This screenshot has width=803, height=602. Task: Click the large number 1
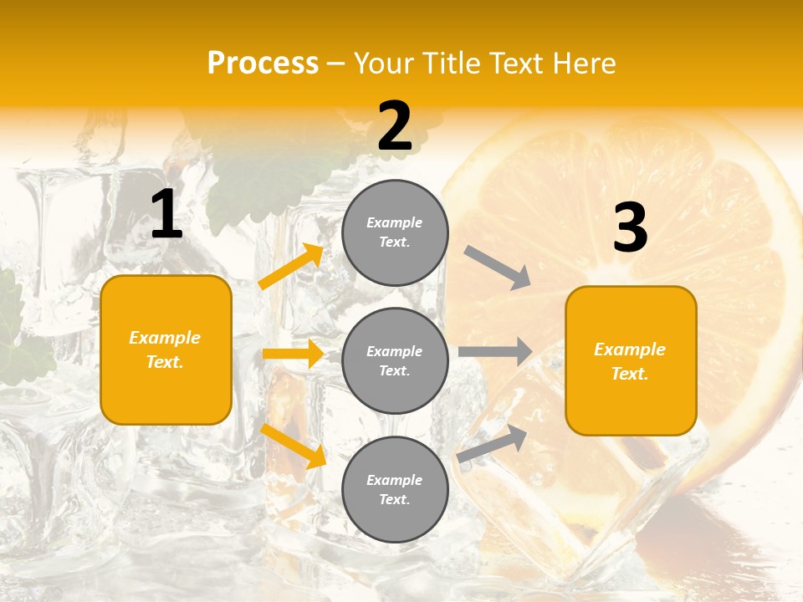[x=166, y=215]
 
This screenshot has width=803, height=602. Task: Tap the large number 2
[x=395, y=126]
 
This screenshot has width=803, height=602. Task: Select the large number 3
[x=631, y=228]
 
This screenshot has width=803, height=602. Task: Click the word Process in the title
[x=263, y=64]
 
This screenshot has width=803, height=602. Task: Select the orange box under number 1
[x=166, y=349]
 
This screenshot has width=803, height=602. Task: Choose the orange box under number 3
[x=631, y=360]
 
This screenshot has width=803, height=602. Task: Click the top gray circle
[x=395, y=232]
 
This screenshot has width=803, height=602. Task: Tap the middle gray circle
[x=395, y=360]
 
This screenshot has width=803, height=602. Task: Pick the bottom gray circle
[x=395, y=489]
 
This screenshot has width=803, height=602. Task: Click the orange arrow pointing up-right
[x=291, y=266]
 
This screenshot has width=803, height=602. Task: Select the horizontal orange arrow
[x=293, y=354]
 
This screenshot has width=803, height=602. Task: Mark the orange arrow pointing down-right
[x=293, y=445]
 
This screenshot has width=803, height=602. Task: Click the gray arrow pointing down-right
[x=498, y=268]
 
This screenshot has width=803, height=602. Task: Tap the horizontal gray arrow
[x=495, y=351]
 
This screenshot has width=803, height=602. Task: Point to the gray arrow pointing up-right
[x=493, y=442]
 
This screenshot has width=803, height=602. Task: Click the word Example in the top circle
[x=395, y=222]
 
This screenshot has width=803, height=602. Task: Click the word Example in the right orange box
[x=630, y=349]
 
